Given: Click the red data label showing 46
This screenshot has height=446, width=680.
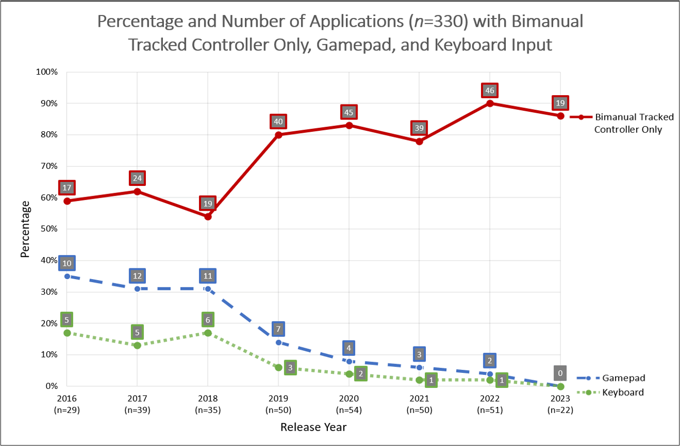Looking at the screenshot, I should tap(490, 90).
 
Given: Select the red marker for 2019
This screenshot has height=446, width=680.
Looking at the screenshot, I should tap(279, 135).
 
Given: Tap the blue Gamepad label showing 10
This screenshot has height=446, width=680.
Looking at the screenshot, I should tap(67, 264).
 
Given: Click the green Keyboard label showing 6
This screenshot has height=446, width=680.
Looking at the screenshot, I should tap(208, 320).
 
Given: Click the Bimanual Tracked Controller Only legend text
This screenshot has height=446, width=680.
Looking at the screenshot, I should tap(634, 123).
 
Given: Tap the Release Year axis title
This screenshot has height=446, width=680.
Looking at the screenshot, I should tap(313, 427).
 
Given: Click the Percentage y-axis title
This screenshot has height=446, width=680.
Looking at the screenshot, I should tap(25, 229).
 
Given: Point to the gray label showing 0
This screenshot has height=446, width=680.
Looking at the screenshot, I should tap(560, 374).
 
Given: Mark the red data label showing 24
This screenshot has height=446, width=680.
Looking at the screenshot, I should tap(138, 178).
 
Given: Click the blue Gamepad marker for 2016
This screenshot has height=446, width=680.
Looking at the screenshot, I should tap(67, 276).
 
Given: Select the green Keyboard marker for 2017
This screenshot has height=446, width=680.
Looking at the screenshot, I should tap(138, 345).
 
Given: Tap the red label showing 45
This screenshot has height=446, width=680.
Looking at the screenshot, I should tap(349, 112).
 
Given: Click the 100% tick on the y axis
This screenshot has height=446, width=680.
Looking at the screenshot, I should tap(47, 72).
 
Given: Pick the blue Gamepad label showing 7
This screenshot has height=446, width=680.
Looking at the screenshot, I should tap(279, 329).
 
